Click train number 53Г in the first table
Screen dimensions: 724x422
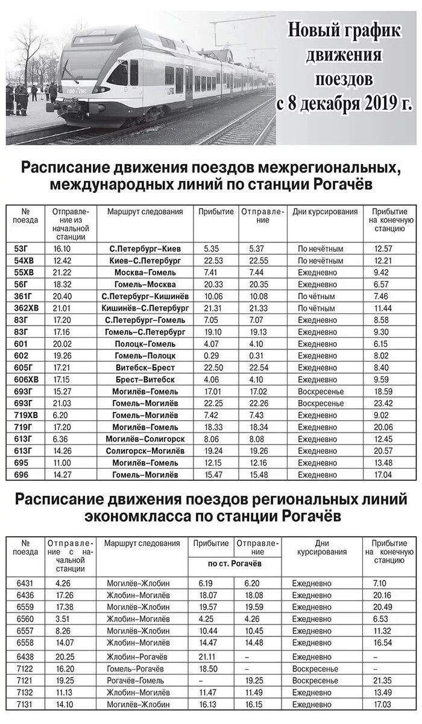20,249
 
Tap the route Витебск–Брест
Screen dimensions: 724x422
145,367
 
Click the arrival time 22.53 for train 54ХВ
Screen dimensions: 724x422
214,261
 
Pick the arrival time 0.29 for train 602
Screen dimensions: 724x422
211,355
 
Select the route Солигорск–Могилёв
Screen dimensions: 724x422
145,451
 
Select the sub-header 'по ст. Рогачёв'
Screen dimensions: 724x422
235,563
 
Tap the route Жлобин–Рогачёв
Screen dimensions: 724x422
137,656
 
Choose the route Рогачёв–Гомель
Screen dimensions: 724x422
135,681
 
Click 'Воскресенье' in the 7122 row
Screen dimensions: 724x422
314,668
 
